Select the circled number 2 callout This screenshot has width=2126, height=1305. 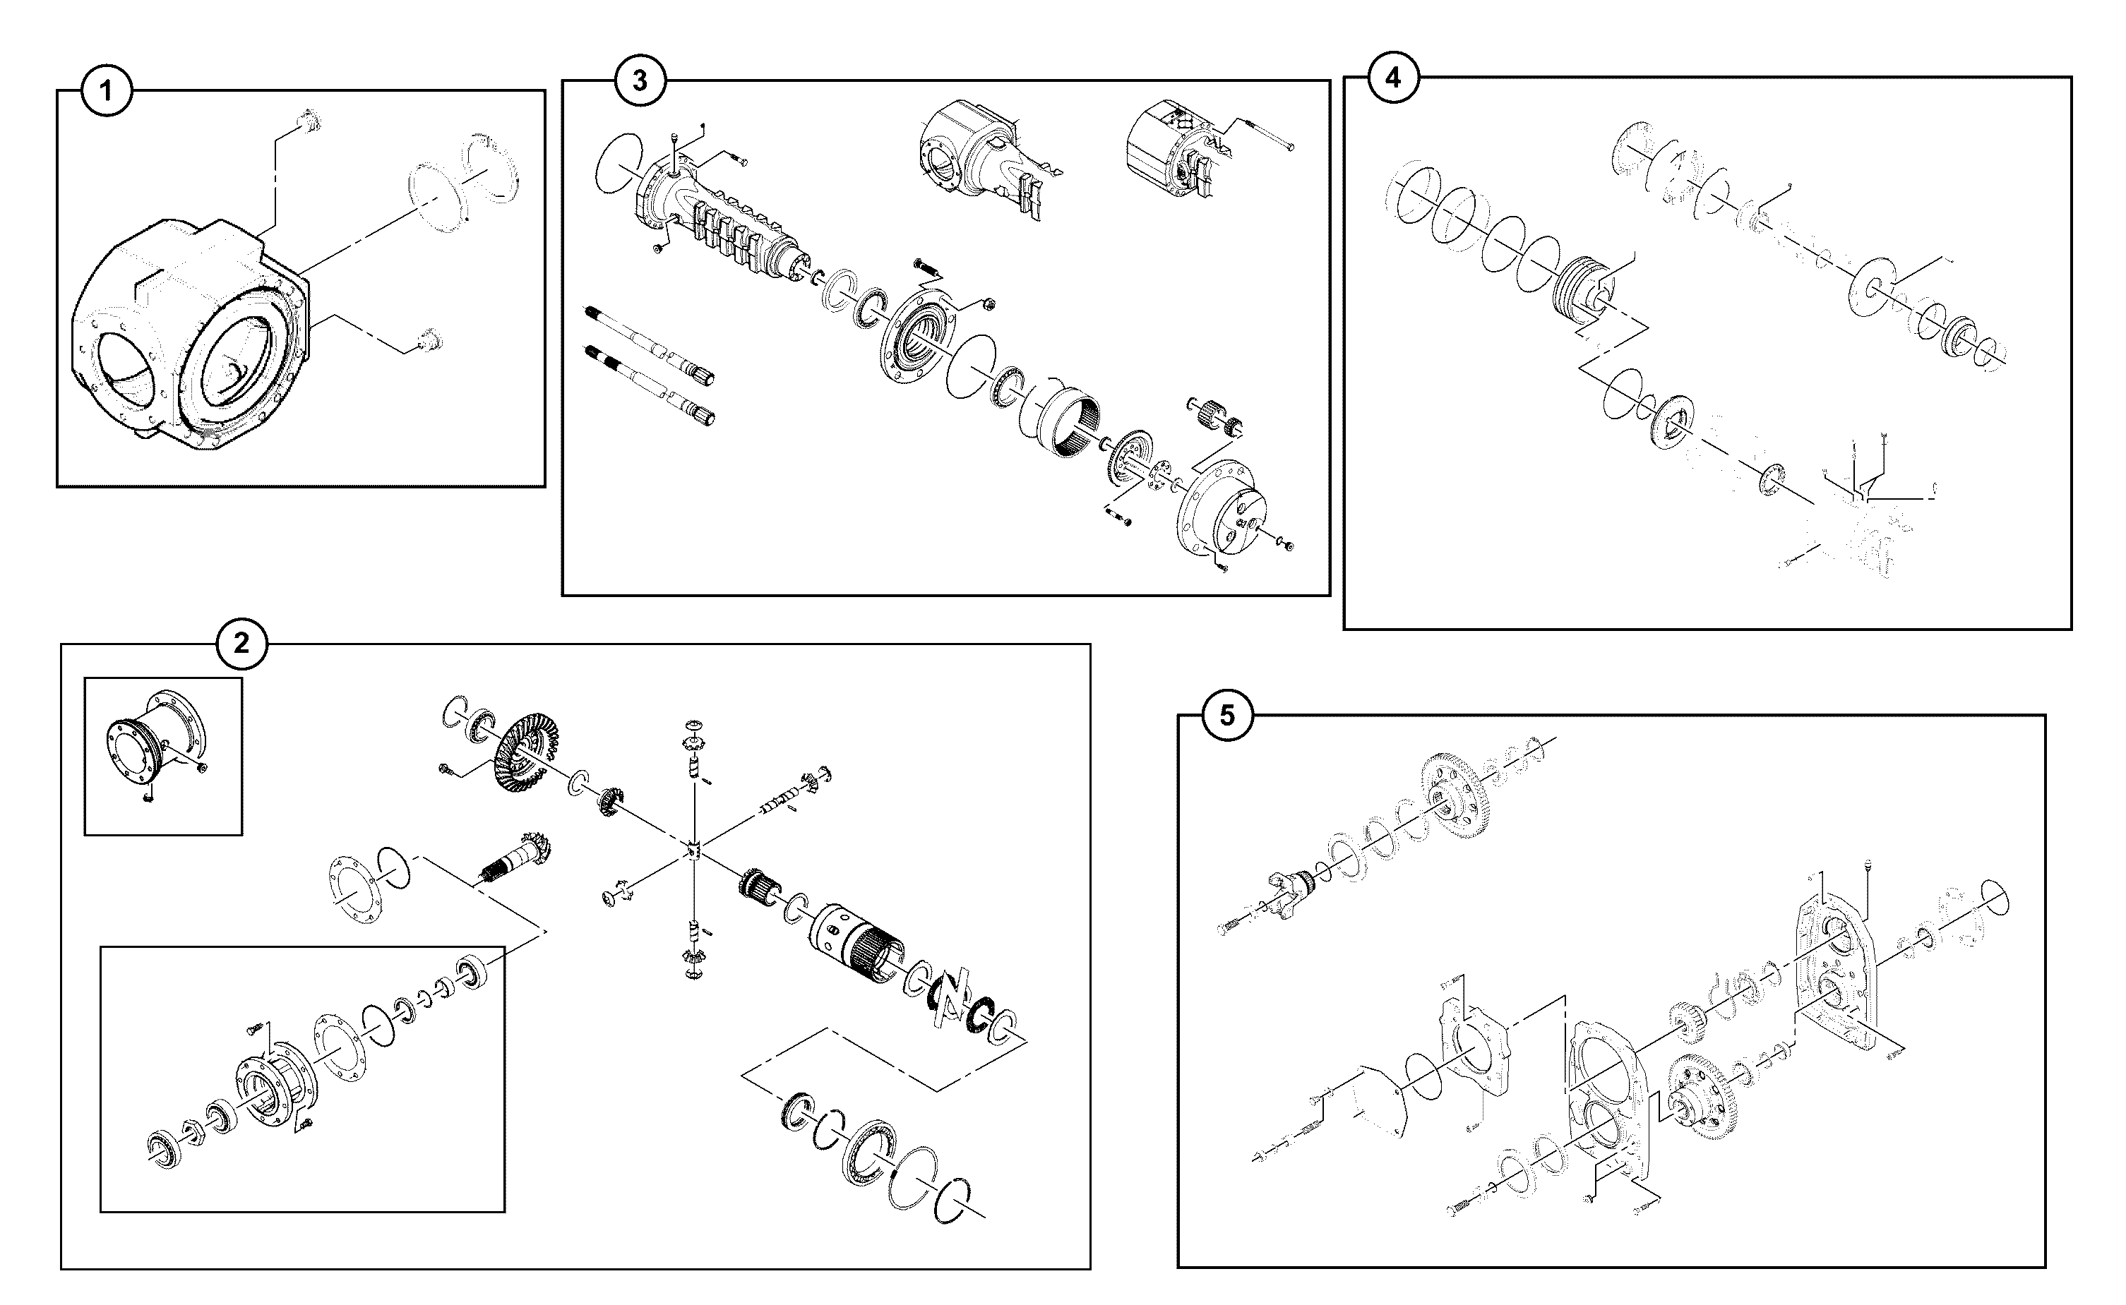(241, 643)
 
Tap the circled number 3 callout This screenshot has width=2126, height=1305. (640, 80)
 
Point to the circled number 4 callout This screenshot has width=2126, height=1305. (1393, 77)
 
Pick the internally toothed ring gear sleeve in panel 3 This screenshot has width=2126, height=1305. (1070, 421)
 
